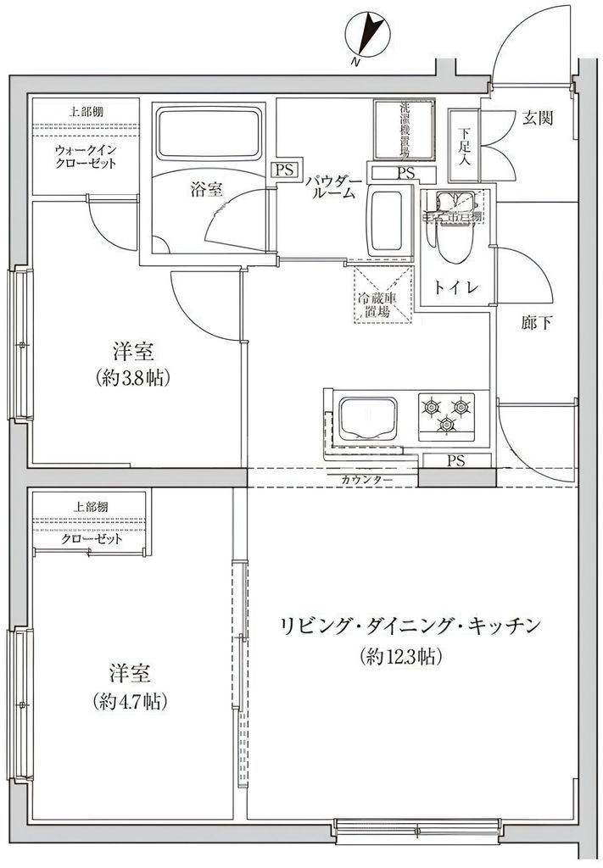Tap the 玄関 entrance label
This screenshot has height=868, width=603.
coord(537,119)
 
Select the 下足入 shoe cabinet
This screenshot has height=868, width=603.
coord(464,145)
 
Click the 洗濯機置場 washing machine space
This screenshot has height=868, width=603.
coord(405,131)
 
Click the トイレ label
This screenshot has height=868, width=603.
coord(455,287)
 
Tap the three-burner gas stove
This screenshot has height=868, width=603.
coord(446,412)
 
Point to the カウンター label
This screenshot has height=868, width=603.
coord(366,481)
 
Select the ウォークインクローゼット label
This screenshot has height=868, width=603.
coord(85,157)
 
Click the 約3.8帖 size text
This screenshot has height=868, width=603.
coord(133,378)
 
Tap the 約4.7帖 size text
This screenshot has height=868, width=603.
coord(130,702)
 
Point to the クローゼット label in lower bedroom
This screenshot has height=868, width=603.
coord(92,539)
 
